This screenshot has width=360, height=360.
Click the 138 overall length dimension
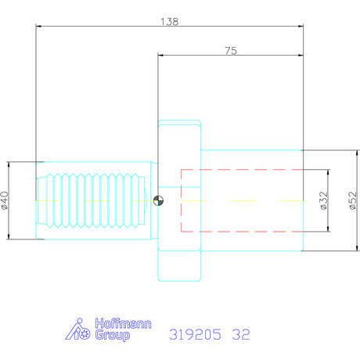click(168, 22)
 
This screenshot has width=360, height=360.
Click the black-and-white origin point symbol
click(159, 200)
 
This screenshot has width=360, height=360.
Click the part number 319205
click(192, 335)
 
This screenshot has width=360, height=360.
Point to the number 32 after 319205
click(240, 335)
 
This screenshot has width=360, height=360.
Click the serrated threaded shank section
click(92, 200)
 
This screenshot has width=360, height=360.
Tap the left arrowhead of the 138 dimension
click(39, 27)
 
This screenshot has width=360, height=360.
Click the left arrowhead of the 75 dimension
click(161, 56)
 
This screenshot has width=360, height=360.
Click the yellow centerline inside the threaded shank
click(86, 201)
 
